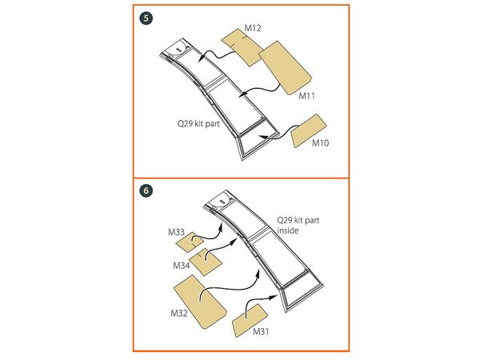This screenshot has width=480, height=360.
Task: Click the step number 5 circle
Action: pyautogui.click(x=146, y=18)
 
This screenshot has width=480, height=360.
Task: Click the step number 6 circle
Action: pyautogui.click(x=146, y=190)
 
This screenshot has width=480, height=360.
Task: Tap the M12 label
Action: pyautogui.click(x=253, y=28)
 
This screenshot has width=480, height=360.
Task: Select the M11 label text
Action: pyautogui.click(x=306, y=96)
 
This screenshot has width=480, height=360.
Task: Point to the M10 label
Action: pyautogui.click(x=320, y=143)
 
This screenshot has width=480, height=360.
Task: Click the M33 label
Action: pyautogui.click(x=176, y=232)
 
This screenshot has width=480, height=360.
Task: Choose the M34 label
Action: pyautogui.click(x=182, y=266)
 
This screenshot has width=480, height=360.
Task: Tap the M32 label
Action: pyautogui.click(x=179, y=313)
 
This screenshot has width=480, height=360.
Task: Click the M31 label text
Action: pyautogui.click(x=261, y=331)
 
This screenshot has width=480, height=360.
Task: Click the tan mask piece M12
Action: pyautogui.click(x=242, y=46)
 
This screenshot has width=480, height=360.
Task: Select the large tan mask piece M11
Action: pyautogui.click(x=285, y=68)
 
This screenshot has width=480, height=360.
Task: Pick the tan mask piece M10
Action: pyautogui.click(x=308, y=130)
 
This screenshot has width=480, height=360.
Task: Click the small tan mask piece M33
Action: pyautogui.click(x=190, y=242)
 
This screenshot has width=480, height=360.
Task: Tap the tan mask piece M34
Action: pyautogui.click(x=206, y=262)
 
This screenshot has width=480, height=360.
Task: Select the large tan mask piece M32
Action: pyautogui.click(x=200, y=302)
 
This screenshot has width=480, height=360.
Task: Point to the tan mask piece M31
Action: pyautogui.click(x=250, y=321)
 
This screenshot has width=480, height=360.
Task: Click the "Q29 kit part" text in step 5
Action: pyautogui.click(x=198, y=124)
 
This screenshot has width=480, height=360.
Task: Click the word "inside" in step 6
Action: pyautogui.click(x=288, y=230)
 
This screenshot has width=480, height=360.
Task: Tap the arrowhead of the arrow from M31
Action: pyautogui.click(x=273, y=297)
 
